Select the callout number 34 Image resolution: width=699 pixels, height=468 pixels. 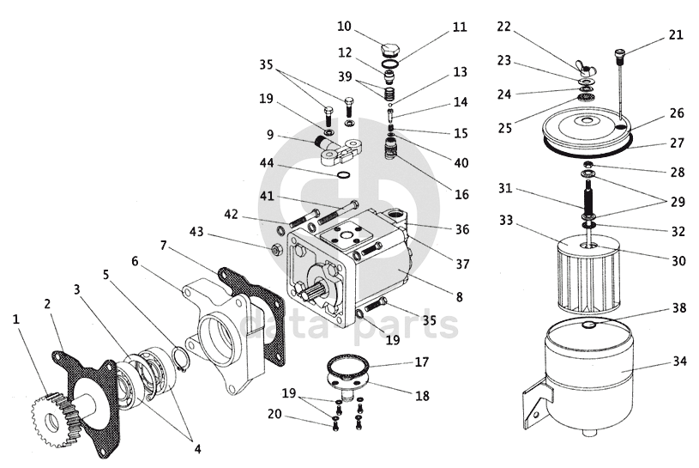coord(679,361)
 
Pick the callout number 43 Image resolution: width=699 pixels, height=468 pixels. coord(196,232)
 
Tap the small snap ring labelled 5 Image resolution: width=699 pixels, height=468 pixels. coord(181,360)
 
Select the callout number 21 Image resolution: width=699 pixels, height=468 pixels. coord(676,35)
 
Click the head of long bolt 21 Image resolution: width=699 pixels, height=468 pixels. coord(620,54)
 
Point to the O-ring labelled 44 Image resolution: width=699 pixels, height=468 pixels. coord(343,174)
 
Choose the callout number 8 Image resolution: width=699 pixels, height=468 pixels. coord(460,297)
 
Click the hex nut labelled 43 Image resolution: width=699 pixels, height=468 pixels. coord(275,250)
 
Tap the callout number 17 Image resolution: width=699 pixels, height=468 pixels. coord(422,362)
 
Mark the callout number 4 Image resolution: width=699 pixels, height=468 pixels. coord(197,449)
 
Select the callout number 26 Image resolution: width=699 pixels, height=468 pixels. coord(677,113)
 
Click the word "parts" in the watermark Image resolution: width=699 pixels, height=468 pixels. coord(405,325)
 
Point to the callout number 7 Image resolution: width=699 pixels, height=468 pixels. coord(163,245)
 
